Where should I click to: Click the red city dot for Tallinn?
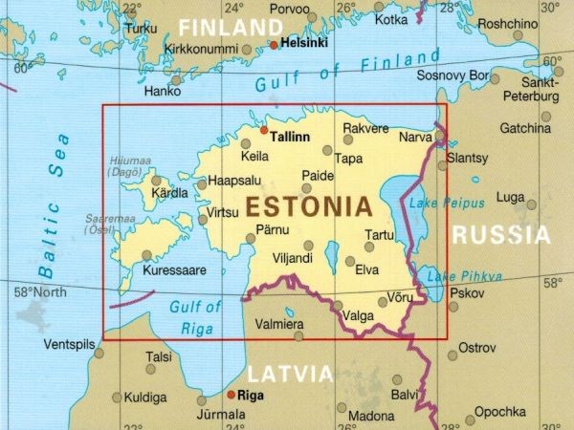265,129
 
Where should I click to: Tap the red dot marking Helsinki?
274,44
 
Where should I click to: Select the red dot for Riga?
230,394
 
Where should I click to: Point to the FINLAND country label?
232,26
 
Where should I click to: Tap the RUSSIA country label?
501,235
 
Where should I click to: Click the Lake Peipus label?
436,204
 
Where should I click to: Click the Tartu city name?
380,235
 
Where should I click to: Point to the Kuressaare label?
174,270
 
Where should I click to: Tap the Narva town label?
415,138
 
